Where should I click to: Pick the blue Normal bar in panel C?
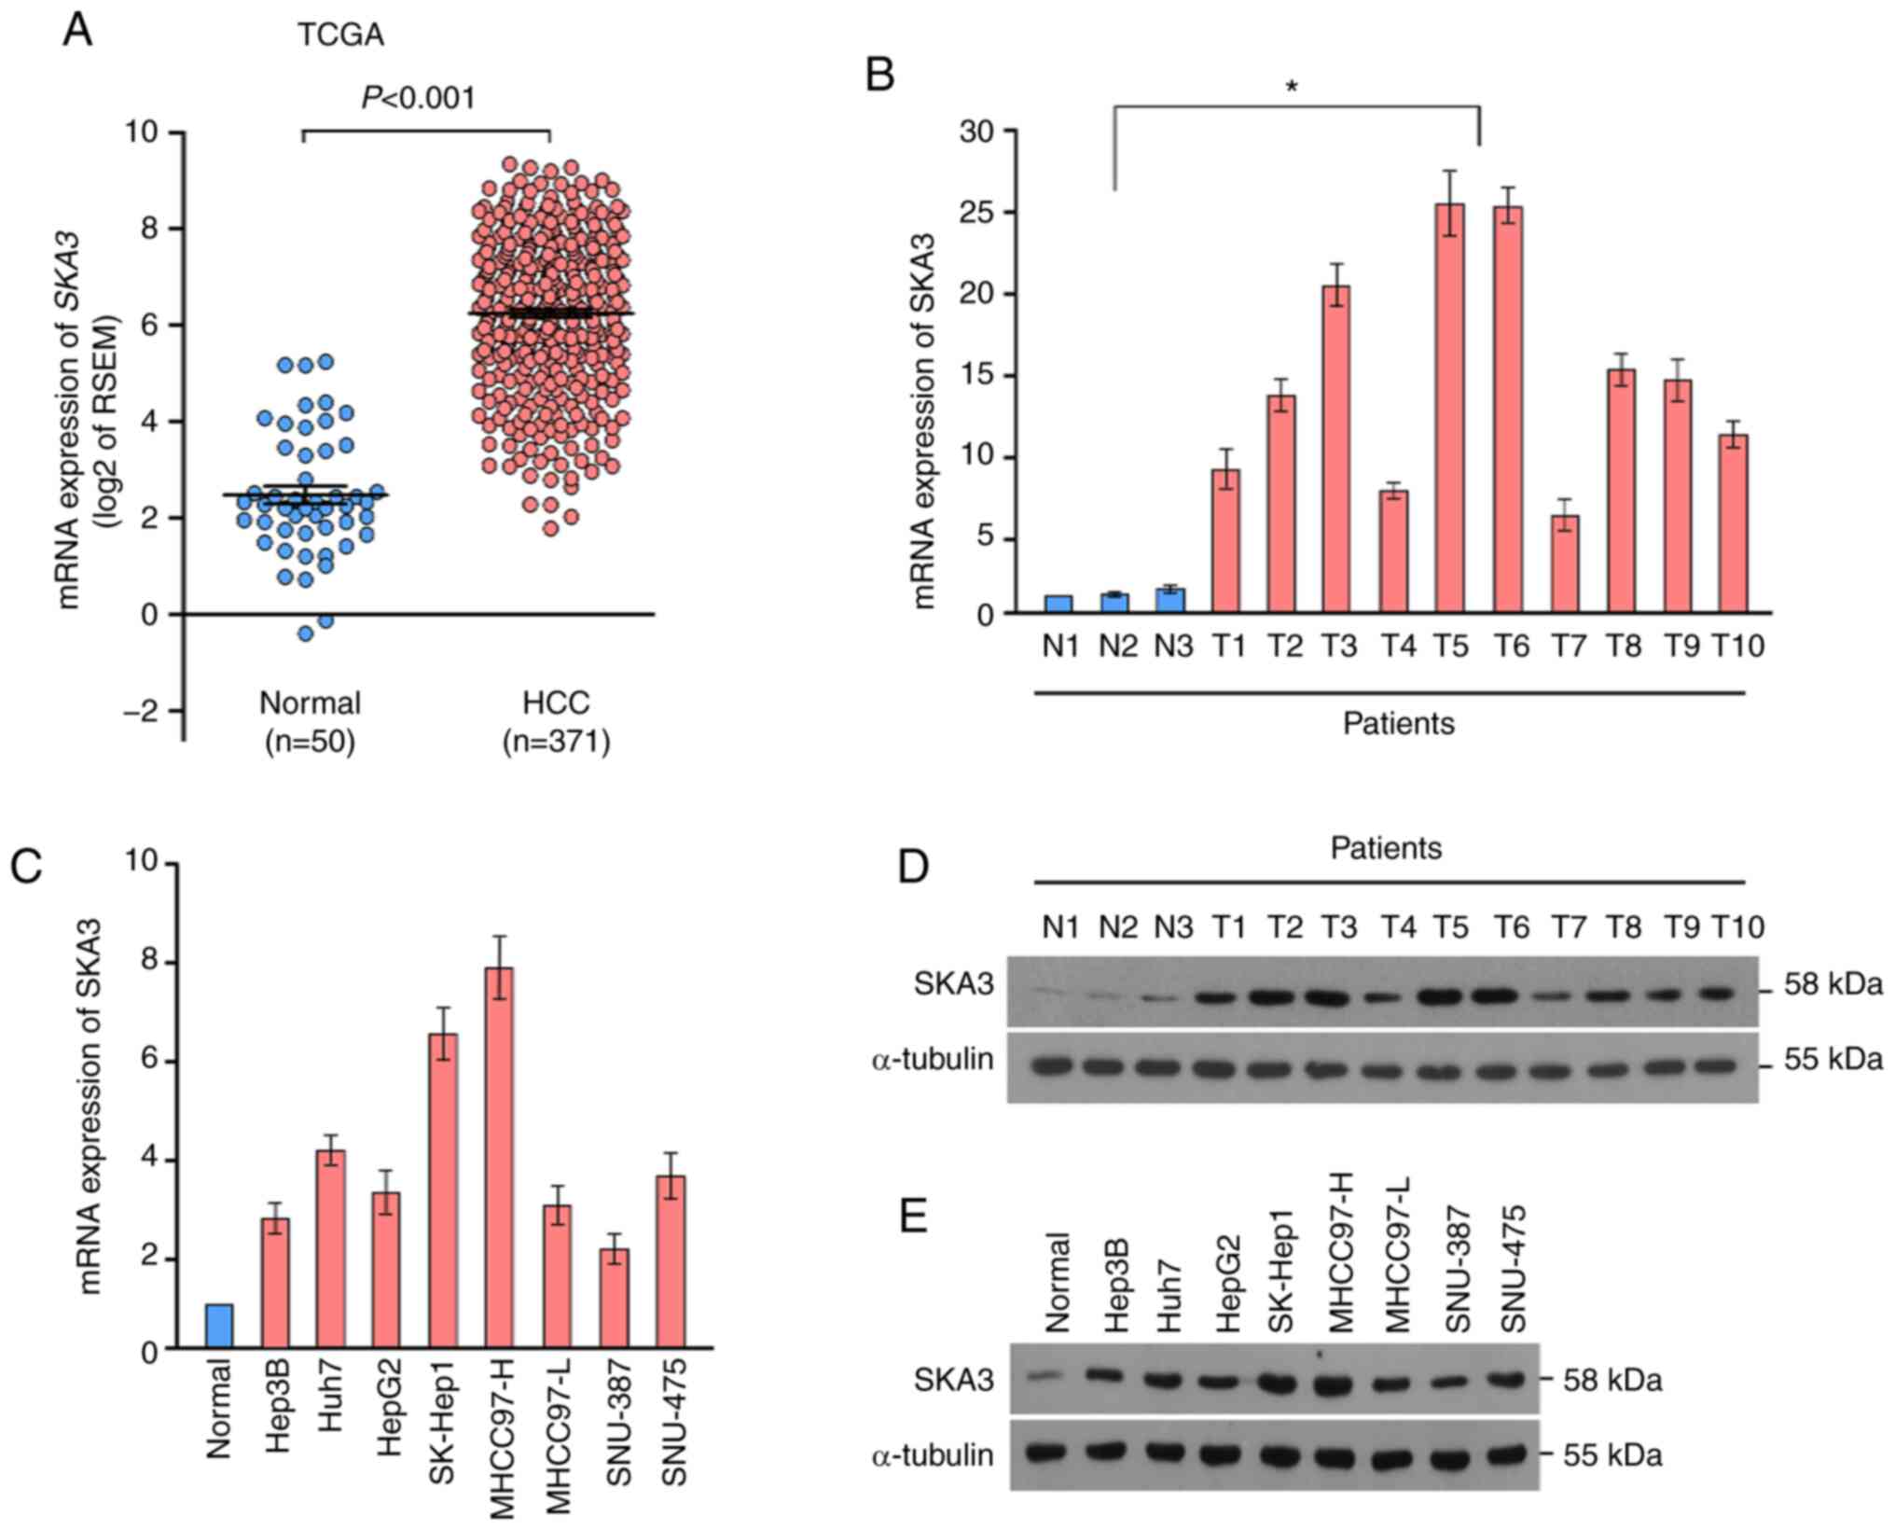tap(220, 1326)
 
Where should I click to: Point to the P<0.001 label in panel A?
tap(419, 97)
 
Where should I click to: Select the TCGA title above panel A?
tap(340, 35)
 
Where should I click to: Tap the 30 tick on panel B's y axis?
tap(977, 132)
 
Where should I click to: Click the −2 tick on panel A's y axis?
tap(144, 711)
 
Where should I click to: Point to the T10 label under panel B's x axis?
tap(1738, 646)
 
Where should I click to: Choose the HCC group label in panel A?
tap(556, 702)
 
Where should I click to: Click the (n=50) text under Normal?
tap(310, 743)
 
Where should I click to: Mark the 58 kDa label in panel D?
tap(1833, 984)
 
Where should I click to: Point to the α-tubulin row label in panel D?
tap(933, 1060)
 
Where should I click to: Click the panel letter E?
tap(913, 1217)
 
